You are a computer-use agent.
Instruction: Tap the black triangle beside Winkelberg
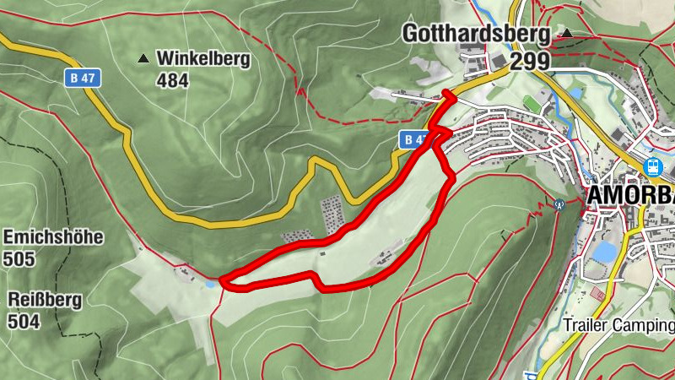(143, 59)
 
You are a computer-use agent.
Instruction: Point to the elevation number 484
(172, 81)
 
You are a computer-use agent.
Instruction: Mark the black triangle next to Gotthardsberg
(567, 34)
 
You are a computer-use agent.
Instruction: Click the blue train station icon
(652, 167)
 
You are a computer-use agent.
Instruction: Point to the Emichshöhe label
(53, 236)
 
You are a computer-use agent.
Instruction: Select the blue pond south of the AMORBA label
(604, 252)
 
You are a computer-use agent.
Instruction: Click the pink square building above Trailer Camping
(598, 294)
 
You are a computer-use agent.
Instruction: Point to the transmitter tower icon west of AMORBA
(559, 203)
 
